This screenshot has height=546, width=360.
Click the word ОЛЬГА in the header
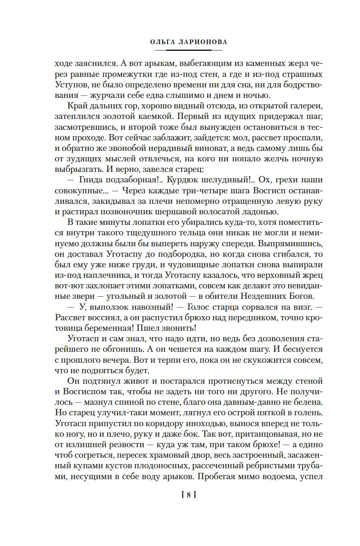click(162, 42)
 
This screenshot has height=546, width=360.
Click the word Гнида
click(91, 181)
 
